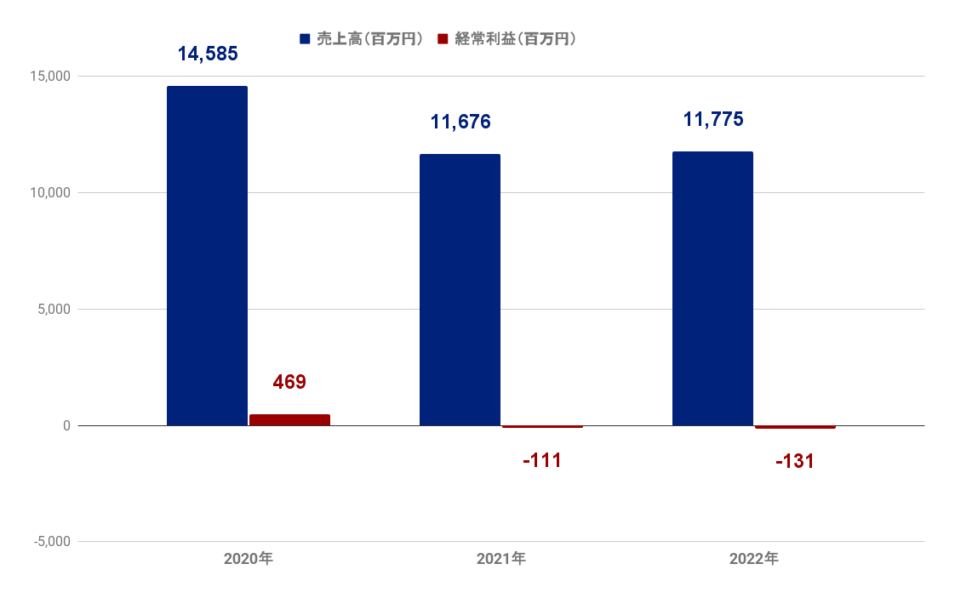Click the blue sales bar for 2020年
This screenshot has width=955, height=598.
click(x=207, y=256)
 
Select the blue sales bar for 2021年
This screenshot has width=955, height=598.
click(x=460, y=290)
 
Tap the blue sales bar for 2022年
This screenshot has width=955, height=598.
click(x=712, y=288)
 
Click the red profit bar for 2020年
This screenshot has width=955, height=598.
click(x=290, y=420)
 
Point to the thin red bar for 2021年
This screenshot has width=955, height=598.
click(x=543, y=427)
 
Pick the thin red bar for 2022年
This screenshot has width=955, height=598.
click(x=796, y=427)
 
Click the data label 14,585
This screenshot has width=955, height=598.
click(x=208, y=54)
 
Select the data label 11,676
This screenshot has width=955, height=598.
click(x=460, y=122)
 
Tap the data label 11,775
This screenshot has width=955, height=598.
click(x=713, y=119)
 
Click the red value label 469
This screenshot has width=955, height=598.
click(x=289, y=382)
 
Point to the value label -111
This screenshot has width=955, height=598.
click(x=542, y=460)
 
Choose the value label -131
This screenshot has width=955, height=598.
click(x=795, y=462)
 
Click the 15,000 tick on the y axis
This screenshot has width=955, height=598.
click(x=50, y=76)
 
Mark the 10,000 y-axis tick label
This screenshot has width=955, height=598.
click(x=50, y=192)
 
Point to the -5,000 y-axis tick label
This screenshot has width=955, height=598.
click(x=52, y=541)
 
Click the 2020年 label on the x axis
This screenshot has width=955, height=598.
click(x=249, y=558)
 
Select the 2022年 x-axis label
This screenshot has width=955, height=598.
click(x=754, y=558)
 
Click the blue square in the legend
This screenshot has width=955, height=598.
click(x=305, y=39)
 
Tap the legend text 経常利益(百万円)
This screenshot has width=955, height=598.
click(x=515, y=39)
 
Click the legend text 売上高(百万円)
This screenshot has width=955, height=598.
click(x=369, y=39)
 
